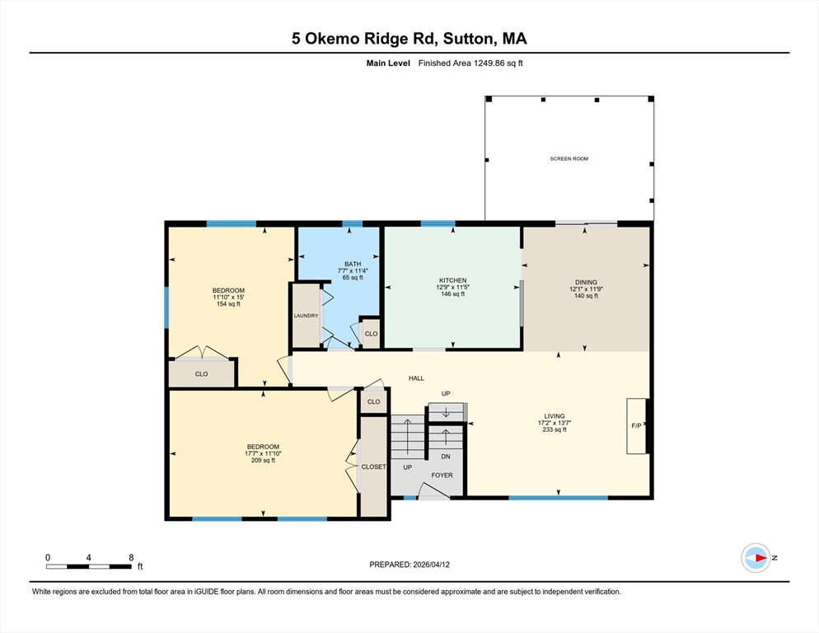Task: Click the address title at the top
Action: tap(409, 39)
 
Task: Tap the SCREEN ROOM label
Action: tap(569, 158)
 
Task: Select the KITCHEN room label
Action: tap(452, 280)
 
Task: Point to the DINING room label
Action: tap(586, 282)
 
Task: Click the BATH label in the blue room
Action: tap(353, 264)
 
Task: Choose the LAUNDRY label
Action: tap(306, 316)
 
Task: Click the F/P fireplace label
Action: tap(636, 427)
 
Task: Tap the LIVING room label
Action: tap(555, 416)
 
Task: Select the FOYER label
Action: tap(442, 475)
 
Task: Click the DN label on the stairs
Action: tap(446, 456)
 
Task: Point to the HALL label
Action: tap(416, 377)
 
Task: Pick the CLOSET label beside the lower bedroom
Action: tap(373, 467)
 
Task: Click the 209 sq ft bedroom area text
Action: tap(263, 460)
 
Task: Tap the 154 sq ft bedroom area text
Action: tap(228, 304)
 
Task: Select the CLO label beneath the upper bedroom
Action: tap(201, 374)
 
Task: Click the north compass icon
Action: tap(756, 558)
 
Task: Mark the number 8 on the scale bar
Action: tap(131, 557)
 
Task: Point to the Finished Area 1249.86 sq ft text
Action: tap(470, 63)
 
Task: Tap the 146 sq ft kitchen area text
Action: tap(452, 294)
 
